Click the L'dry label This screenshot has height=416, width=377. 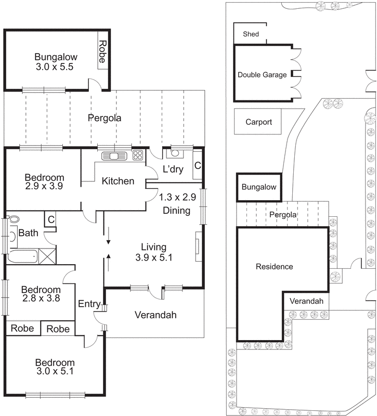173,169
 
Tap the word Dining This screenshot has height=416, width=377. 176,211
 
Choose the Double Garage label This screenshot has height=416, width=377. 262,75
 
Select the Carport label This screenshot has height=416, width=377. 258,122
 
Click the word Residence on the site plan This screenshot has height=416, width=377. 274,267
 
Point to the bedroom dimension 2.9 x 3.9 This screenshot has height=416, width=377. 44,186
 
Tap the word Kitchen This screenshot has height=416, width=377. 118,181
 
